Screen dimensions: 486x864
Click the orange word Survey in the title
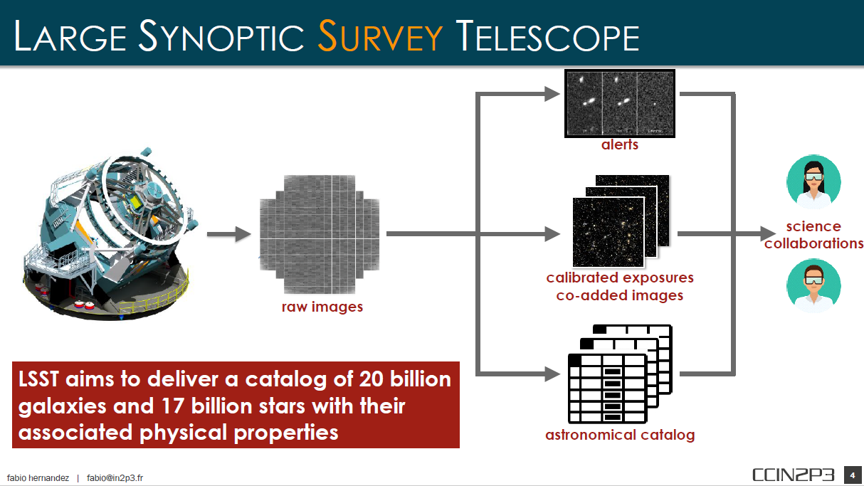(380, 36)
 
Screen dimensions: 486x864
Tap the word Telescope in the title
(547, 36)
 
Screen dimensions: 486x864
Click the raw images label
(322, 307)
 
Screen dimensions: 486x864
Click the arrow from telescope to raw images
(229, 233)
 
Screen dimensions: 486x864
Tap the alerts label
(619, 144)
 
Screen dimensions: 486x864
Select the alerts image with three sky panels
(619, 102)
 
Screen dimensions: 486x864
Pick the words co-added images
(619, 295)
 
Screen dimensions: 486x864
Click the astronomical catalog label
(619, 434)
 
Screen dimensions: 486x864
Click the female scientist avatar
(813, 182)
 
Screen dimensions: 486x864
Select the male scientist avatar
(813, 285)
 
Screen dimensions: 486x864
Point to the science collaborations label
(813, 235)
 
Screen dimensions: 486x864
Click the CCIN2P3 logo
(793, 475)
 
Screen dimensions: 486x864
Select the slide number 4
(852, 475)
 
